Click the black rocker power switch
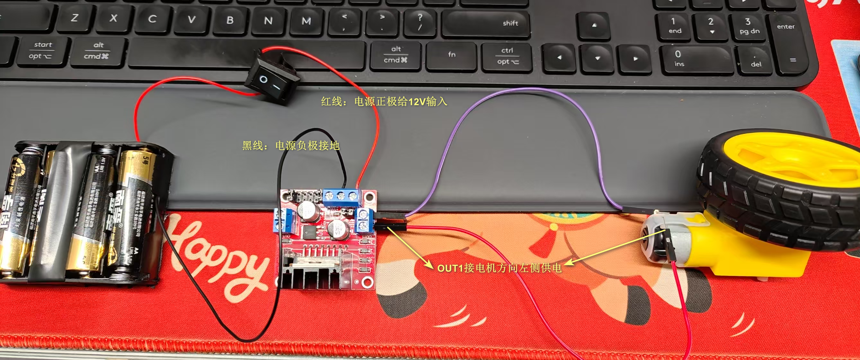coord(271,81)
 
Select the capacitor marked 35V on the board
coord(338,229)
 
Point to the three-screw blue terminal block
coord(341,196)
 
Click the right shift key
coord(485,23)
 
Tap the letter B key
coord(230,20)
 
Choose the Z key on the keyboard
coord(74,18)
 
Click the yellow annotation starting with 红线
coord(384,101)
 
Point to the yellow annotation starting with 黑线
coord(290,146)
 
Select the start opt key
coord(41,51)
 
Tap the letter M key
coord(306,21)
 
